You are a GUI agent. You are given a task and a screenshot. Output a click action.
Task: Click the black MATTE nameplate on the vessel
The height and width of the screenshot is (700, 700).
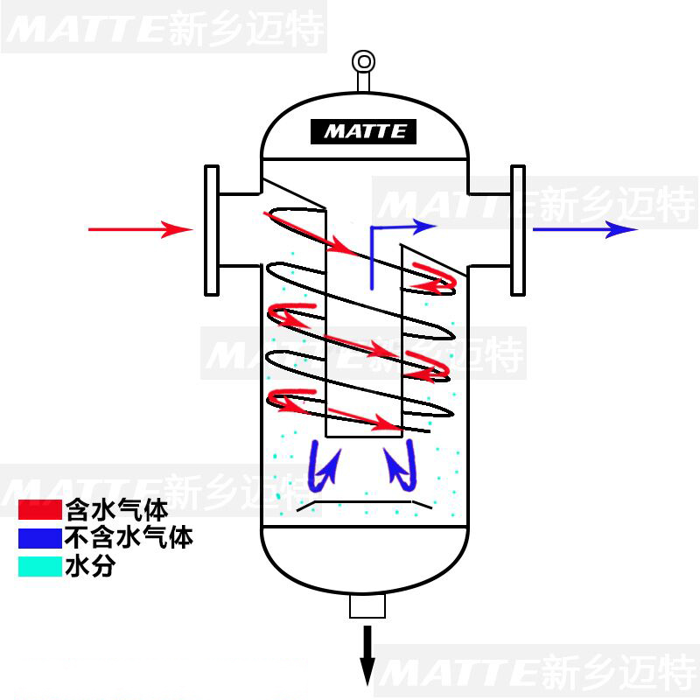pyautogui.click(x=363, y=132)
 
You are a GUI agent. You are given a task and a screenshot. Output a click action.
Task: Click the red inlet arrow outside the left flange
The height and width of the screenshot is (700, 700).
pyautogui.click(x=140, y=230)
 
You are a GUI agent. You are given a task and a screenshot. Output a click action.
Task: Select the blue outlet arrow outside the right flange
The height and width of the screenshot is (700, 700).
pyautogui.click(x=584, y=230)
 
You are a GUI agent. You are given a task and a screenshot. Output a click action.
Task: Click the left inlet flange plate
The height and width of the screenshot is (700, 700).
pyautogui.click(x=210, y=229)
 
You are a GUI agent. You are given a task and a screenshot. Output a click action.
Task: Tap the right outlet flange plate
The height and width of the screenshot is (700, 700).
pyautogui.click(x=517, y=229)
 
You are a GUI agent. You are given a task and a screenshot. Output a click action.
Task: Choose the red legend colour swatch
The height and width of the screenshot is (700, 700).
pyautogui.click(x=39, y=509)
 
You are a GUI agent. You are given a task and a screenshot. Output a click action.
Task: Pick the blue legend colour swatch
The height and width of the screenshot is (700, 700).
pyautogui.click(x=39, y=536)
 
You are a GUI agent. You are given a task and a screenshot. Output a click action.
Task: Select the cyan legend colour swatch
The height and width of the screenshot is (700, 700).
pyautogui.click(x=39, y=566)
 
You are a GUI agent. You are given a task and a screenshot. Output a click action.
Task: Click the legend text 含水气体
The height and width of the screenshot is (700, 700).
pyautogui.click(x=116, y=509)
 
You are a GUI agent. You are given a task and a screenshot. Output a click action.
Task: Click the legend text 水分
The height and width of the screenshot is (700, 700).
pyautogui.click(x=90, y=566)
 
